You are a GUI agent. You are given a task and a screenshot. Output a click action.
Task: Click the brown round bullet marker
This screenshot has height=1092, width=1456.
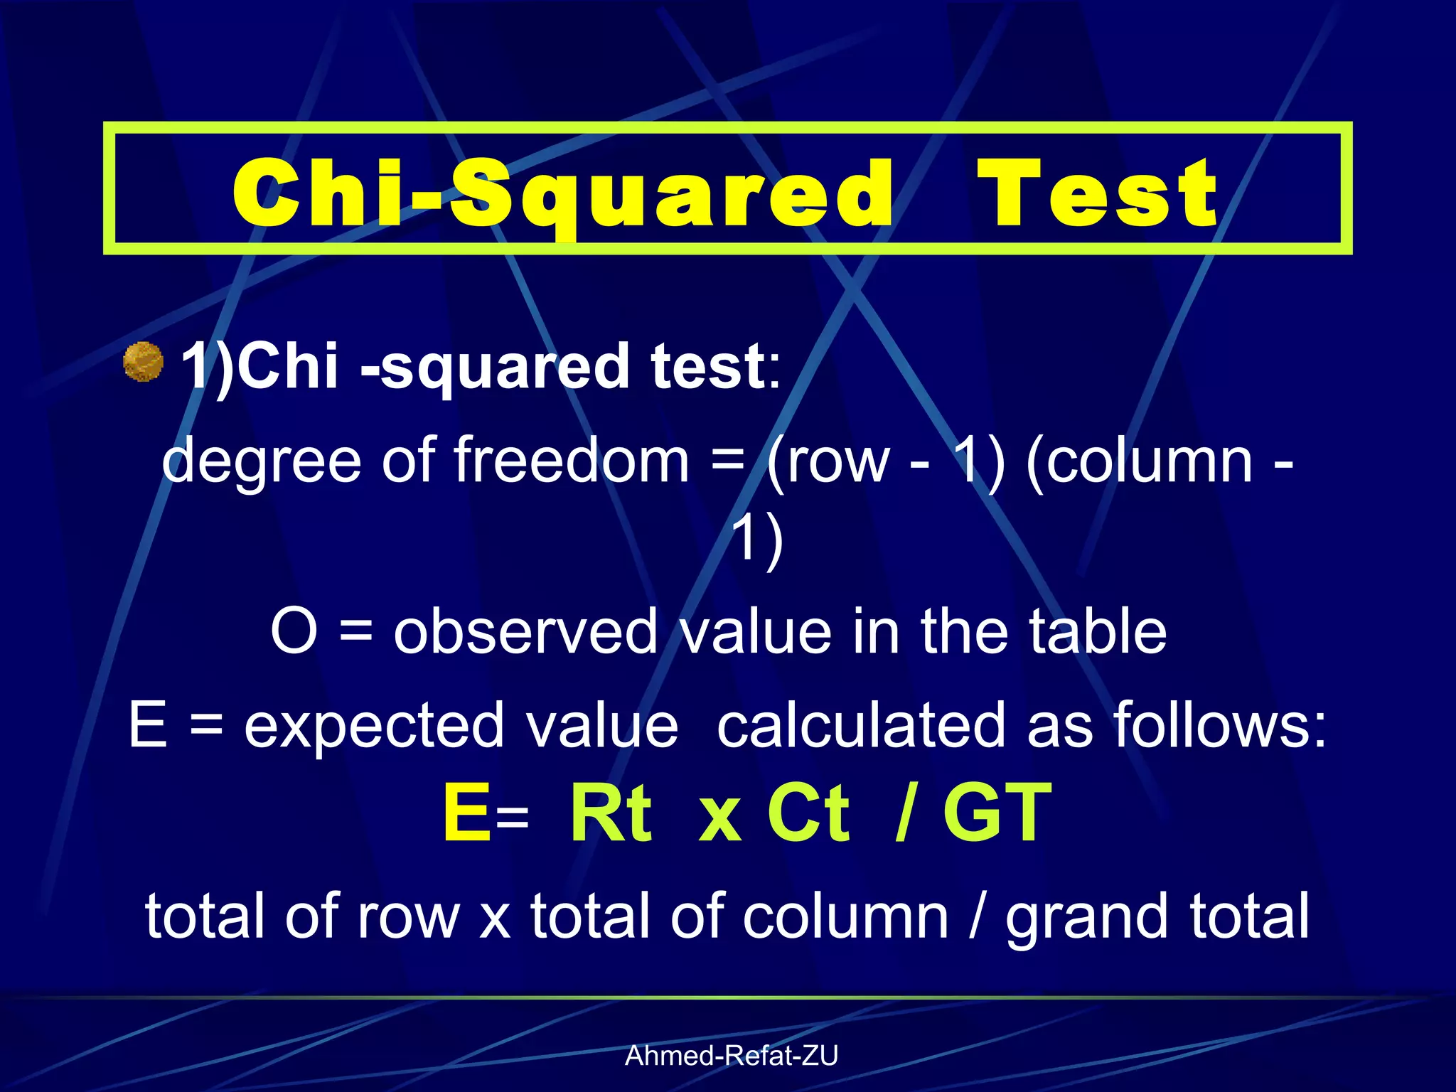tap(144, 362)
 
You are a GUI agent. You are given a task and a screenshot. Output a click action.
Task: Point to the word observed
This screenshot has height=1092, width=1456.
tap(526, 631)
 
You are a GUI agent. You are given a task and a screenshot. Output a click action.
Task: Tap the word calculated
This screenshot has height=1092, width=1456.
tap(863, 725)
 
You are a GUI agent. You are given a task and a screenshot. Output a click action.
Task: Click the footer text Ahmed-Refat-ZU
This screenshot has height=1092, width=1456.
tap(731, 1056)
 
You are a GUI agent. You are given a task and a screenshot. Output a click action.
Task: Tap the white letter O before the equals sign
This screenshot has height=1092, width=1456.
tap(294, 631)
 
